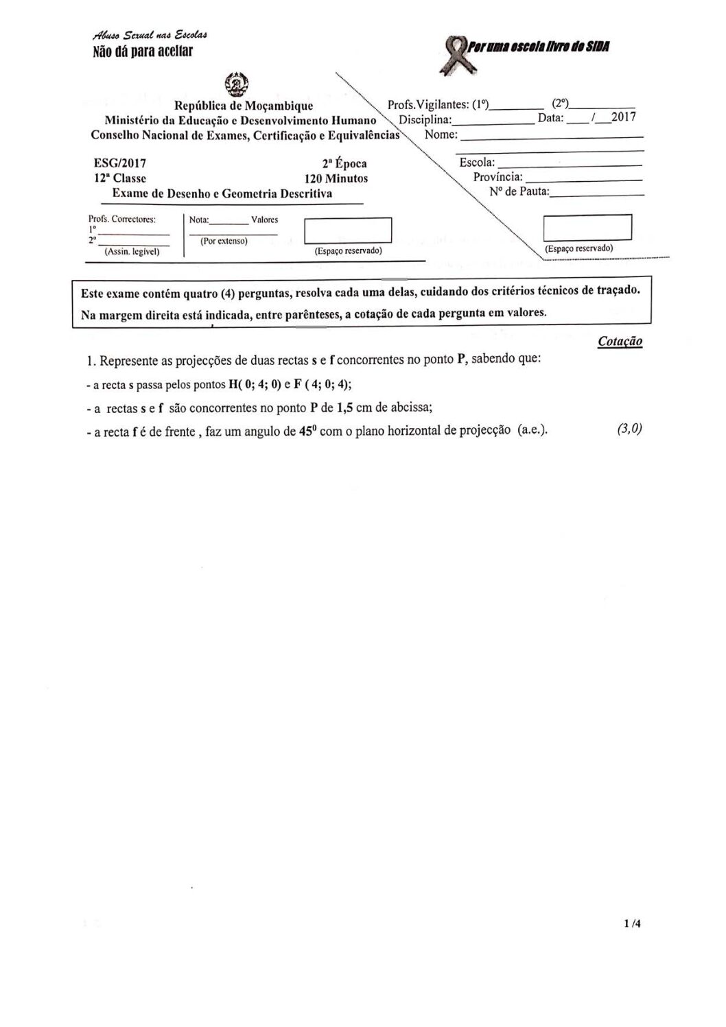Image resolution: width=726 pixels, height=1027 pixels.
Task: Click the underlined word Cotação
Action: [620, 342]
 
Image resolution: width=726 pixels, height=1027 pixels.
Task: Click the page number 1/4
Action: [632, 923]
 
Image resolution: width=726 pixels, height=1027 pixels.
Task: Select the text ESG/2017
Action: [119, 163]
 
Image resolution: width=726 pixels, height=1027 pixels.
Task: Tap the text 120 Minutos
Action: [336, 178]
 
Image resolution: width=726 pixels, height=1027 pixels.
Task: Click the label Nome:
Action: [441, 134]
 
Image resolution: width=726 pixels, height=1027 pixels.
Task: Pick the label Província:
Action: [498, 177]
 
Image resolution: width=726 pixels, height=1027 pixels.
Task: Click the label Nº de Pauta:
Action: [519, 191]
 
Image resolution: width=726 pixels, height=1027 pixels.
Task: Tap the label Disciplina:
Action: [425, 119]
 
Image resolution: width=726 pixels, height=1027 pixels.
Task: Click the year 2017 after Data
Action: [623, 117]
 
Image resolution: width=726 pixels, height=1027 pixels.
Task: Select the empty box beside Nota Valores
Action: [347, 231]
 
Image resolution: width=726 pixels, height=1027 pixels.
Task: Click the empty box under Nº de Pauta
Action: [587, 227]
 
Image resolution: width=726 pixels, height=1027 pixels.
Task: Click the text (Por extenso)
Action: [224, 241]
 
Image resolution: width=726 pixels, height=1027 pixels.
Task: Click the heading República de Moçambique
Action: [244, 106]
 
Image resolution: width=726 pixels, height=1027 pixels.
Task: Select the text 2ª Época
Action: [344, 164]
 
